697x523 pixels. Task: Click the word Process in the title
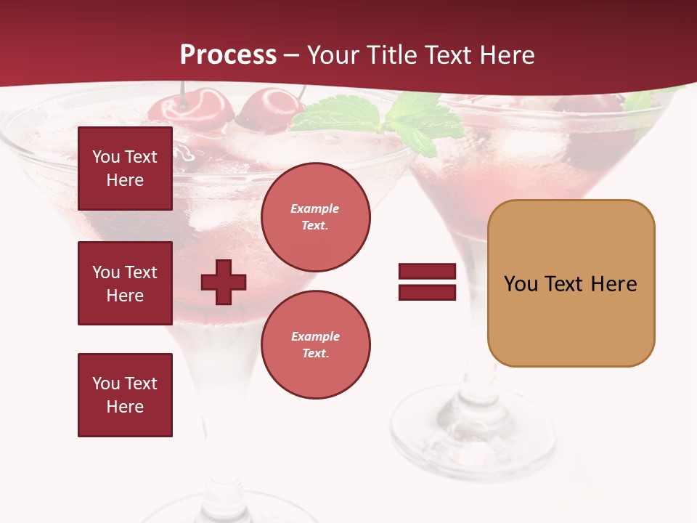point(228,55)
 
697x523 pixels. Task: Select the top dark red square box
point(125,169)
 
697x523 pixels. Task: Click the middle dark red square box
point(125,283)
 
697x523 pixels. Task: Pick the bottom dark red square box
point(125,395)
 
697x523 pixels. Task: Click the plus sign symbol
point(223,282)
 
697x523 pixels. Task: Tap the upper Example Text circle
point(315,216)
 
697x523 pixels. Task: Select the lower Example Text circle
point(315,344)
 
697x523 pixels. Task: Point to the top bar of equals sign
point(427,272)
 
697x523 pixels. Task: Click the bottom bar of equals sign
point(427,292)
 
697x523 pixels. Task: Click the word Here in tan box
point(614,284)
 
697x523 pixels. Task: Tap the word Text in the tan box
point(566,284)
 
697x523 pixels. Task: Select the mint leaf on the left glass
point(341,115)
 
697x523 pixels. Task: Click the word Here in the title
point(504,55)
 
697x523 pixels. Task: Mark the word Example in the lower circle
point(315,336)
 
